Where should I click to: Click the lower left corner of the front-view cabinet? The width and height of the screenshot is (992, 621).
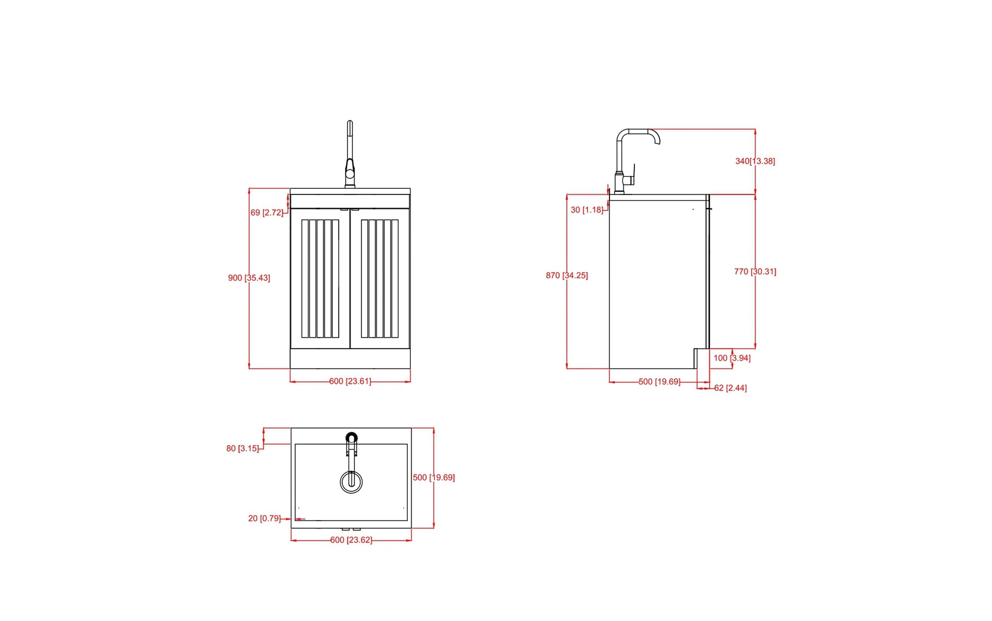click(290, 368)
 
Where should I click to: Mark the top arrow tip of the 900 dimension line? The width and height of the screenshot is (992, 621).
click(249, 189)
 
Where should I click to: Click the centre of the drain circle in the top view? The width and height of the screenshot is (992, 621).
click(351, 482)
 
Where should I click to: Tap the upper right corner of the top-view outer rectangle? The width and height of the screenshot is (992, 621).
click(411, 428)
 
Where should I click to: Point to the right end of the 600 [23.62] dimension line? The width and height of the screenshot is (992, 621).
click(411, 540)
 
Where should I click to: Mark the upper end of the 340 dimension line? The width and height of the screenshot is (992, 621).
click(755, 129)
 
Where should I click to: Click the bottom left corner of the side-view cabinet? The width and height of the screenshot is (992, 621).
click(609, 368)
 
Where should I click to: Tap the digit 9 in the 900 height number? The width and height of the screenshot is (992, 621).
click(231, 278)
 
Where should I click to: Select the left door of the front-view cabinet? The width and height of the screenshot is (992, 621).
click(320, 279)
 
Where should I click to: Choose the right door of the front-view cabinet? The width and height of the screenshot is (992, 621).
click(381, 279)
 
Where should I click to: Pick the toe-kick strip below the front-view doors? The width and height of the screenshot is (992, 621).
click(350, 359)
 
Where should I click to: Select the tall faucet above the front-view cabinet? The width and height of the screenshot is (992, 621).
click(350, 155)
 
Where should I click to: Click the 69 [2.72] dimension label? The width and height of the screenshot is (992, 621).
click(267, 213)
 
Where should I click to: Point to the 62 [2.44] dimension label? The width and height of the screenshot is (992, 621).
click(730, 388)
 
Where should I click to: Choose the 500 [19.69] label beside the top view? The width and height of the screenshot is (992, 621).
click(434, 478)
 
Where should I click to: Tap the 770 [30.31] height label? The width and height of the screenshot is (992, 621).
click(755, 272)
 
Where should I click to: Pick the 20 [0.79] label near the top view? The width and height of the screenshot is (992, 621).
click(264, 519)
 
